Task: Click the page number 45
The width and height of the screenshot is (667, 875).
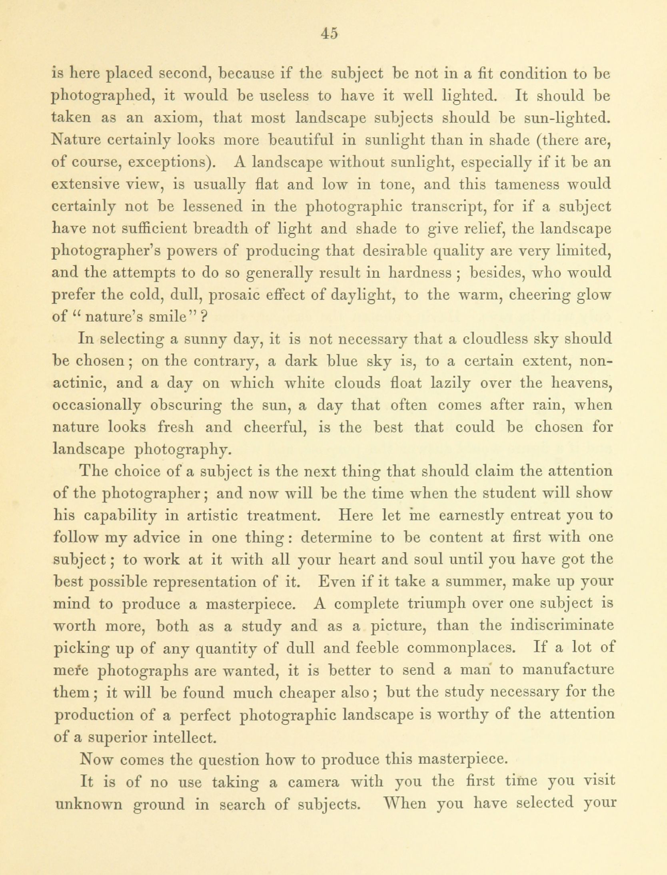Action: coord(330,33)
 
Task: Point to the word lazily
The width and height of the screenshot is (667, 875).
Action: coord(450,383)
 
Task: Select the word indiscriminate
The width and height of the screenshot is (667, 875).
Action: coord(562,626)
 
